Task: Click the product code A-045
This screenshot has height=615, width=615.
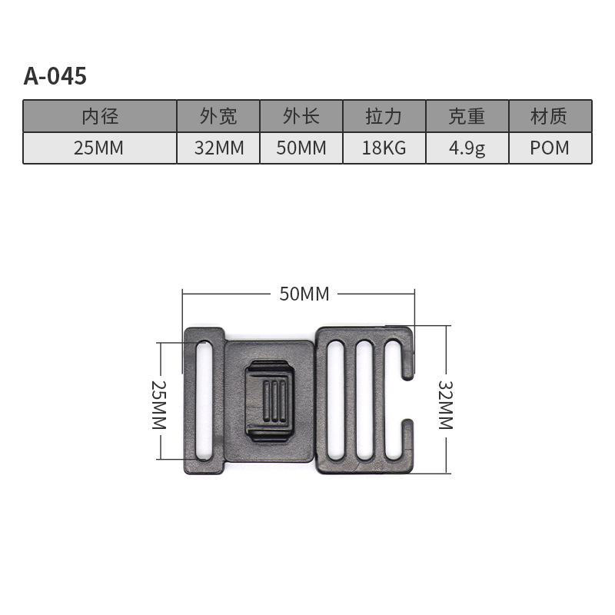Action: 55,75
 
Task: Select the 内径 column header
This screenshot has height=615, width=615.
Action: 100,117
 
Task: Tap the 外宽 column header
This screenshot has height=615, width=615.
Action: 218,117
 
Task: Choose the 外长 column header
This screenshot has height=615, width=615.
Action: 301,117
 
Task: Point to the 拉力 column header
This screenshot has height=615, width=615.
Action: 384,117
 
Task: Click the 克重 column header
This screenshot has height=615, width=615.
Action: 467,117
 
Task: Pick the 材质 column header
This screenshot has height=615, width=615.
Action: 549,117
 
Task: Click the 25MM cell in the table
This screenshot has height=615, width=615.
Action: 99,148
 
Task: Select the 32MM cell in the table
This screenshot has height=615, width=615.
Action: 219,148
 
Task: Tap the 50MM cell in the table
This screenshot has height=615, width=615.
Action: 301,148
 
